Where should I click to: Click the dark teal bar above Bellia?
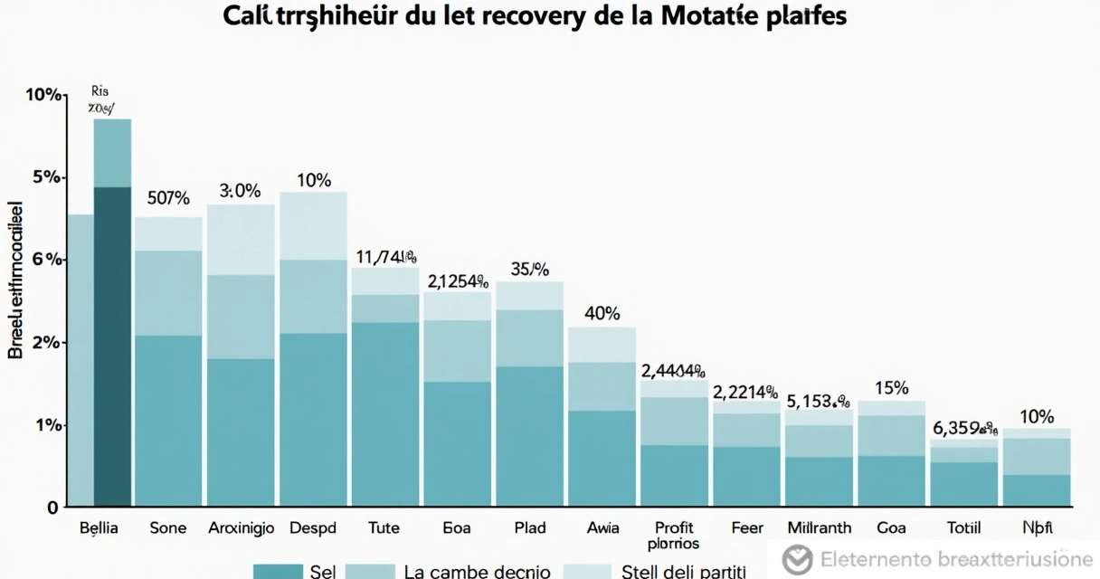pyautogui.click(x=112, y=344)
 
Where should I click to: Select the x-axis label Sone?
pyautogui.click(x=167, y=527)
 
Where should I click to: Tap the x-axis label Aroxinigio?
pyautogui.click(x=240, y=527)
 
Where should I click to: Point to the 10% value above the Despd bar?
pyautogui.click(x=313, y=180)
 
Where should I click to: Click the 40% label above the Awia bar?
pyautogui.click(x=602, y=314)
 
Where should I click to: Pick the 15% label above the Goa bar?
pyautogui.click(x=891, y=388)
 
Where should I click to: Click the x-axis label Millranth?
pyautogui.click(x=819, y=527)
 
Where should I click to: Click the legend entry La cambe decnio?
pyautogui.click(x=477, y=571)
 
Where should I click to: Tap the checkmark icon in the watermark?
pyautogui.click(x=797, y=559)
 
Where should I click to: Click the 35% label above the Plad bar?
pyautogui.click(x=529, y=269)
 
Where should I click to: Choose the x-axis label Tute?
pyautogui.click(x=384, y=527)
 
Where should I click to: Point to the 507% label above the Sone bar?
pyautogui.click(x=167, y=198)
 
